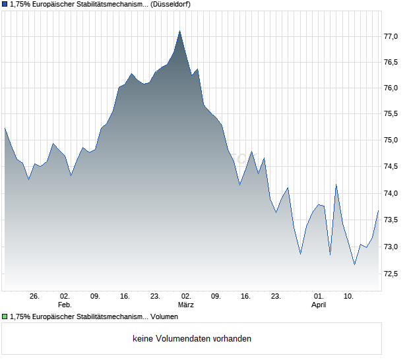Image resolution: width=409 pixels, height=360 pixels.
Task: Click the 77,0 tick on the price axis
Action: pos(391,36)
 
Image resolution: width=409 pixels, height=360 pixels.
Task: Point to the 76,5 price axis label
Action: pos(391,63)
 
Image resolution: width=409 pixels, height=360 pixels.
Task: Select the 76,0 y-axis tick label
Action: pos(391,88)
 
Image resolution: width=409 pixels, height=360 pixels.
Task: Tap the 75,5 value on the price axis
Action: pos(391,115)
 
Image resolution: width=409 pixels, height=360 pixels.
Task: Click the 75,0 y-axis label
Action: pos(391,141)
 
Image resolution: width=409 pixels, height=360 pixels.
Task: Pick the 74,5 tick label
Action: pos(391,167)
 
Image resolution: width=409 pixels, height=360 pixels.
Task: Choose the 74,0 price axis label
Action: pos(391,194)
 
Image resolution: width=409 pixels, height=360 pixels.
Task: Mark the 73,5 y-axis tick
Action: pos(391,220)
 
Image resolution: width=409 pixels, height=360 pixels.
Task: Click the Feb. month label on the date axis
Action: pos(65,305)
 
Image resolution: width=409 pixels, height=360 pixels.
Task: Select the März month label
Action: pos(186,305)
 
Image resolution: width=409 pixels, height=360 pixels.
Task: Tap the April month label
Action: pos(319,305)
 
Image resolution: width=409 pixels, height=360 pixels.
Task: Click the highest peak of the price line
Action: pos(179,31)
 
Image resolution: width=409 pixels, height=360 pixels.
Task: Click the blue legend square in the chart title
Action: pos(5,4)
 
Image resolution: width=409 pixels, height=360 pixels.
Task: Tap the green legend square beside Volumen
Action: pos(5,317)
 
